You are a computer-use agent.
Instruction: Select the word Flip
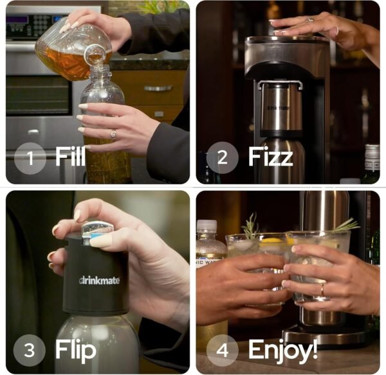coord(75,351)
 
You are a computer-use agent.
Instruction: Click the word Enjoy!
coord(282,351)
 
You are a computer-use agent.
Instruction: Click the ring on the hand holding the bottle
coord(114,134)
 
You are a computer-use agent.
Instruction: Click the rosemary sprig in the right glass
coord(346,225)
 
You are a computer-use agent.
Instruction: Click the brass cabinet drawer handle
coord(158,88)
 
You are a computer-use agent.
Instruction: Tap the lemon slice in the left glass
coord(270,241)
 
